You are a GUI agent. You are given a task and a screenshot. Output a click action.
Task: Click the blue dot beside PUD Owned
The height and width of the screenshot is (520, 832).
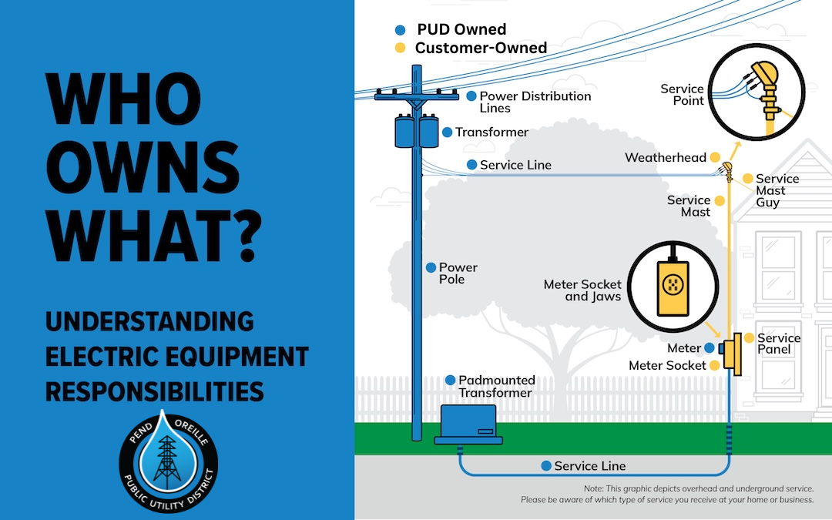coord(400,30)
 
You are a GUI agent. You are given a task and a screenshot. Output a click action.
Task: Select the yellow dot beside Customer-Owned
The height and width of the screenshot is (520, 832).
coord(400,49)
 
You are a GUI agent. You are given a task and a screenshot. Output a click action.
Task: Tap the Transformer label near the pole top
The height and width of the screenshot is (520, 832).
coord(491,133)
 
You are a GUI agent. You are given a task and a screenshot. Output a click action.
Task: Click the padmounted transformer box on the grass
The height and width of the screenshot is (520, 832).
coord(468,424)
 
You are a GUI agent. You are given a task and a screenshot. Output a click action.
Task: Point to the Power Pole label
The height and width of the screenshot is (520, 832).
coord(458,273)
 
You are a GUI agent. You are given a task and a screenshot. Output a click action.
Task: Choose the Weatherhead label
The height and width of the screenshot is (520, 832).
coord(666,158)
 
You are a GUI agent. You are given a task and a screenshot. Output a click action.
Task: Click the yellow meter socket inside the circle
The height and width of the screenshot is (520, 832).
coord(673,287)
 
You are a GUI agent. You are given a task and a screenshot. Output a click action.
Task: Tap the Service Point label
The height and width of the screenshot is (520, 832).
coord(682,95)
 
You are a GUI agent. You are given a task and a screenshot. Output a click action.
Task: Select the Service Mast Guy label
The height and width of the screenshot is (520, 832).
coord(777,190)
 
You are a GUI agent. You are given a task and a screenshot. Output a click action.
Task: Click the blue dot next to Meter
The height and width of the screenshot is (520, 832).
coord(710,348)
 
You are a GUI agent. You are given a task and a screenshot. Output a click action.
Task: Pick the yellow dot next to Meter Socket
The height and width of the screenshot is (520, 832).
coord(715,365)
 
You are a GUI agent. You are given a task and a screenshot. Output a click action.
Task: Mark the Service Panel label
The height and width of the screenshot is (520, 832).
coord(778,344)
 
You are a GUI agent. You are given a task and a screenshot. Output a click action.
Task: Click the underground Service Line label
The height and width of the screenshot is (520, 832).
coord(589,466)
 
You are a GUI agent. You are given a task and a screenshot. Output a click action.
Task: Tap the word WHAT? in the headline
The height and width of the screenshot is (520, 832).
coord(154,237)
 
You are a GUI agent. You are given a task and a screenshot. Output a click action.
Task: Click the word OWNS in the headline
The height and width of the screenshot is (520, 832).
coord(143,168)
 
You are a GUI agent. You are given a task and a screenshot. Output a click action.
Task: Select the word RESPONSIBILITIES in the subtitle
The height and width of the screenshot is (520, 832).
coord(154,391)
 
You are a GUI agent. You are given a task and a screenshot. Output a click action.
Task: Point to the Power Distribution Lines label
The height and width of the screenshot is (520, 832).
coord(535,102)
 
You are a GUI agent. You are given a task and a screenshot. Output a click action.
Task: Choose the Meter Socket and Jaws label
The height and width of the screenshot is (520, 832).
coord(582,290)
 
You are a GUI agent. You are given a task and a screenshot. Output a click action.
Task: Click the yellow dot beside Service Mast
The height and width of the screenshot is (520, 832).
coord(720,200)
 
